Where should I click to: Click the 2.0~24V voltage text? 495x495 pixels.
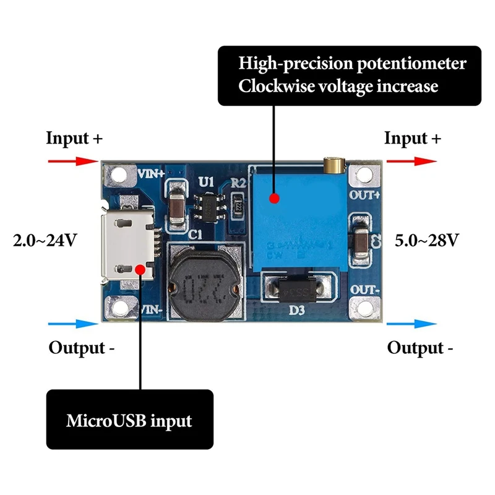45,239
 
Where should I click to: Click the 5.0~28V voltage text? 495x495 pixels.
427,239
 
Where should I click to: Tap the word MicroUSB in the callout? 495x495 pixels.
102,421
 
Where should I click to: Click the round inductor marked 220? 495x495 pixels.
203,284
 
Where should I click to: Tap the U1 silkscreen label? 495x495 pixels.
206,182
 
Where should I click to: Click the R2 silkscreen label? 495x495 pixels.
239,183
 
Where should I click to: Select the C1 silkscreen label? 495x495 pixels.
196,235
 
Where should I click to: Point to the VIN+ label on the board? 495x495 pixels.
151,174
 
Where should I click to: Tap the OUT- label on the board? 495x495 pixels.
364,290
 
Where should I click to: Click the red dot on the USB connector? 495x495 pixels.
142,270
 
